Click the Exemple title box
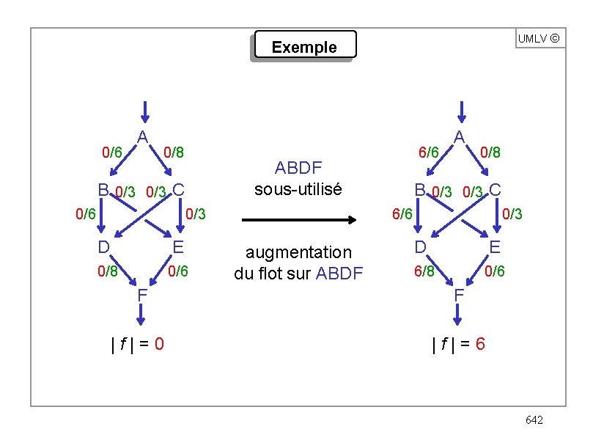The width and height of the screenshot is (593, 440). click(x=303, y=46)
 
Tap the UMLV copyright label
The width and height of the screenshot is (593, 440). click(x=540, y=38)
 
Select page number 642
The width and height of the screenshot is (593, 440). click(x=534, y=419)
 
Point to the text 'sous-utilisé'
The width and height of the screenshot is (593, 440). click(x=298, y=188)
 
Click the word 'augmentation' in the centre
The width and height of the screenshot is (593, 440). click(x=298, y=252)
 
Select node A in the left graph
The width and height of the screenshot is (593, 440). click(x=144, y=136)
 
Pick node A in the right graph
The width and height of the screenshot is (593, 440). click(x=459, y=136)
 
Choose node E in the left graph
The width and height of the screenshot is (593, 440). click(x=177, y=246)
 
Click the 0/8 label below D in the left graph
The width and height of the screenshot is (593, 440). click(x=108, y=271)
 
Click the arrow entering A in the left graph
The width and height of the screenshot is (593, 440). click(x=144, y=111)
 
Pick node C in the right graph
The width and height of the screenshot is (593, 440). click(x=495, y=189)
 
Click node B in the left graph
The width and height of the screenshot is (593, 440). click(x=104, y=190)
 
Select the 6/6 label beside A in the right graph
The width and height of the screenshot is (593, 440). click(x=428, y=153)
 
